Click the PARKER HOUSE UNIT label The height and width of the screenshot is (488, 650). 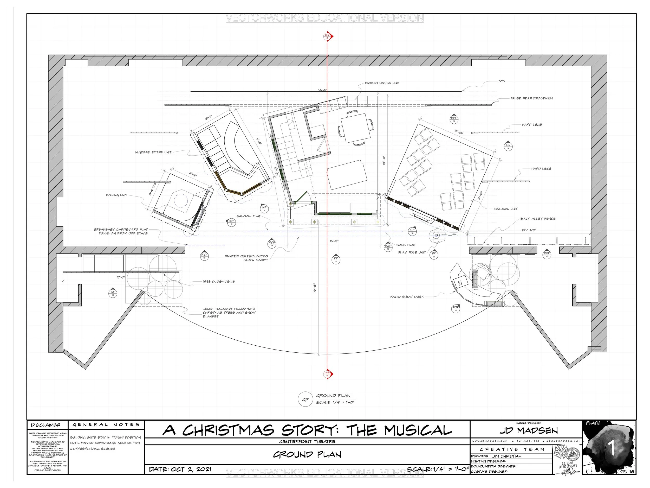click(x=382, y=83)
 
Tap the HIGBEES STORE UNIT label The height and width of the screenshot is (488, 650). click(x=153, y=152)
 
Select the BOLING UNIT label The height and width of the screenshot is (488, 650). click(x=117, y=195)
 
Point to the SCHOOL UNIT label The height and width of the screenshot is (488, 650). click(x=506, y=209)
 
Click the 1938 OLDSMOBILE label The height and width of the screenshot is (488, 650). click(x=219, y=282)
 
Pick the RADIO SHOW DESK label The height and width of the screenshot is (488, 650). click(x=407, y=297)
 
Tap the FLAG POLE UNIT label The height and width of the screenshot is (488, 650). click(x=412, y=252)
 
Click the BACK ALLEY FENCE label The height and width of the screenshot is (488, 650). click(x=538, y=219)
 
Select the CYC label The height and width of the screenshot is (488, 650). click(x=502, y=81)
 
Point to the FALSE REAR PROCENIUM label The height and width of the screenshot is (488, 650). click(x=531, y=98)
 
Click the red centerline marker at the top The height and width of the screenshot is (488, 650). click(x=328, y=36)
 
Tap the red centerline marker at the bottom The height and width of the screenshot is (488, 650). click(x=328, y=374)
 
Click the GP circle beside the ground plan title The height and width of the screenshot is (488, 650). click(x=305, y=400)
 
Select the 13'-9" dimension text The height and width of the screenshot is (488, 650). click(x=334, y=241)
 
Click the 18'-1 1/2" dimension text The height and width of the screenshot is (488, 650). click(x=529, y=230)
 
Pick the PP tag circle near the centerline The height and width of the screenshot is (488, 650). click(x=336, y=259)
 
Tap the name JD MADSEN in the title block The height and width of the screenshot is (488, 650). click(x=528, y=431)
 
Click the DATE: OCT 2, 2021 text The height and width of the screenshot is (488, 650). click(x=180, y=469)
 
